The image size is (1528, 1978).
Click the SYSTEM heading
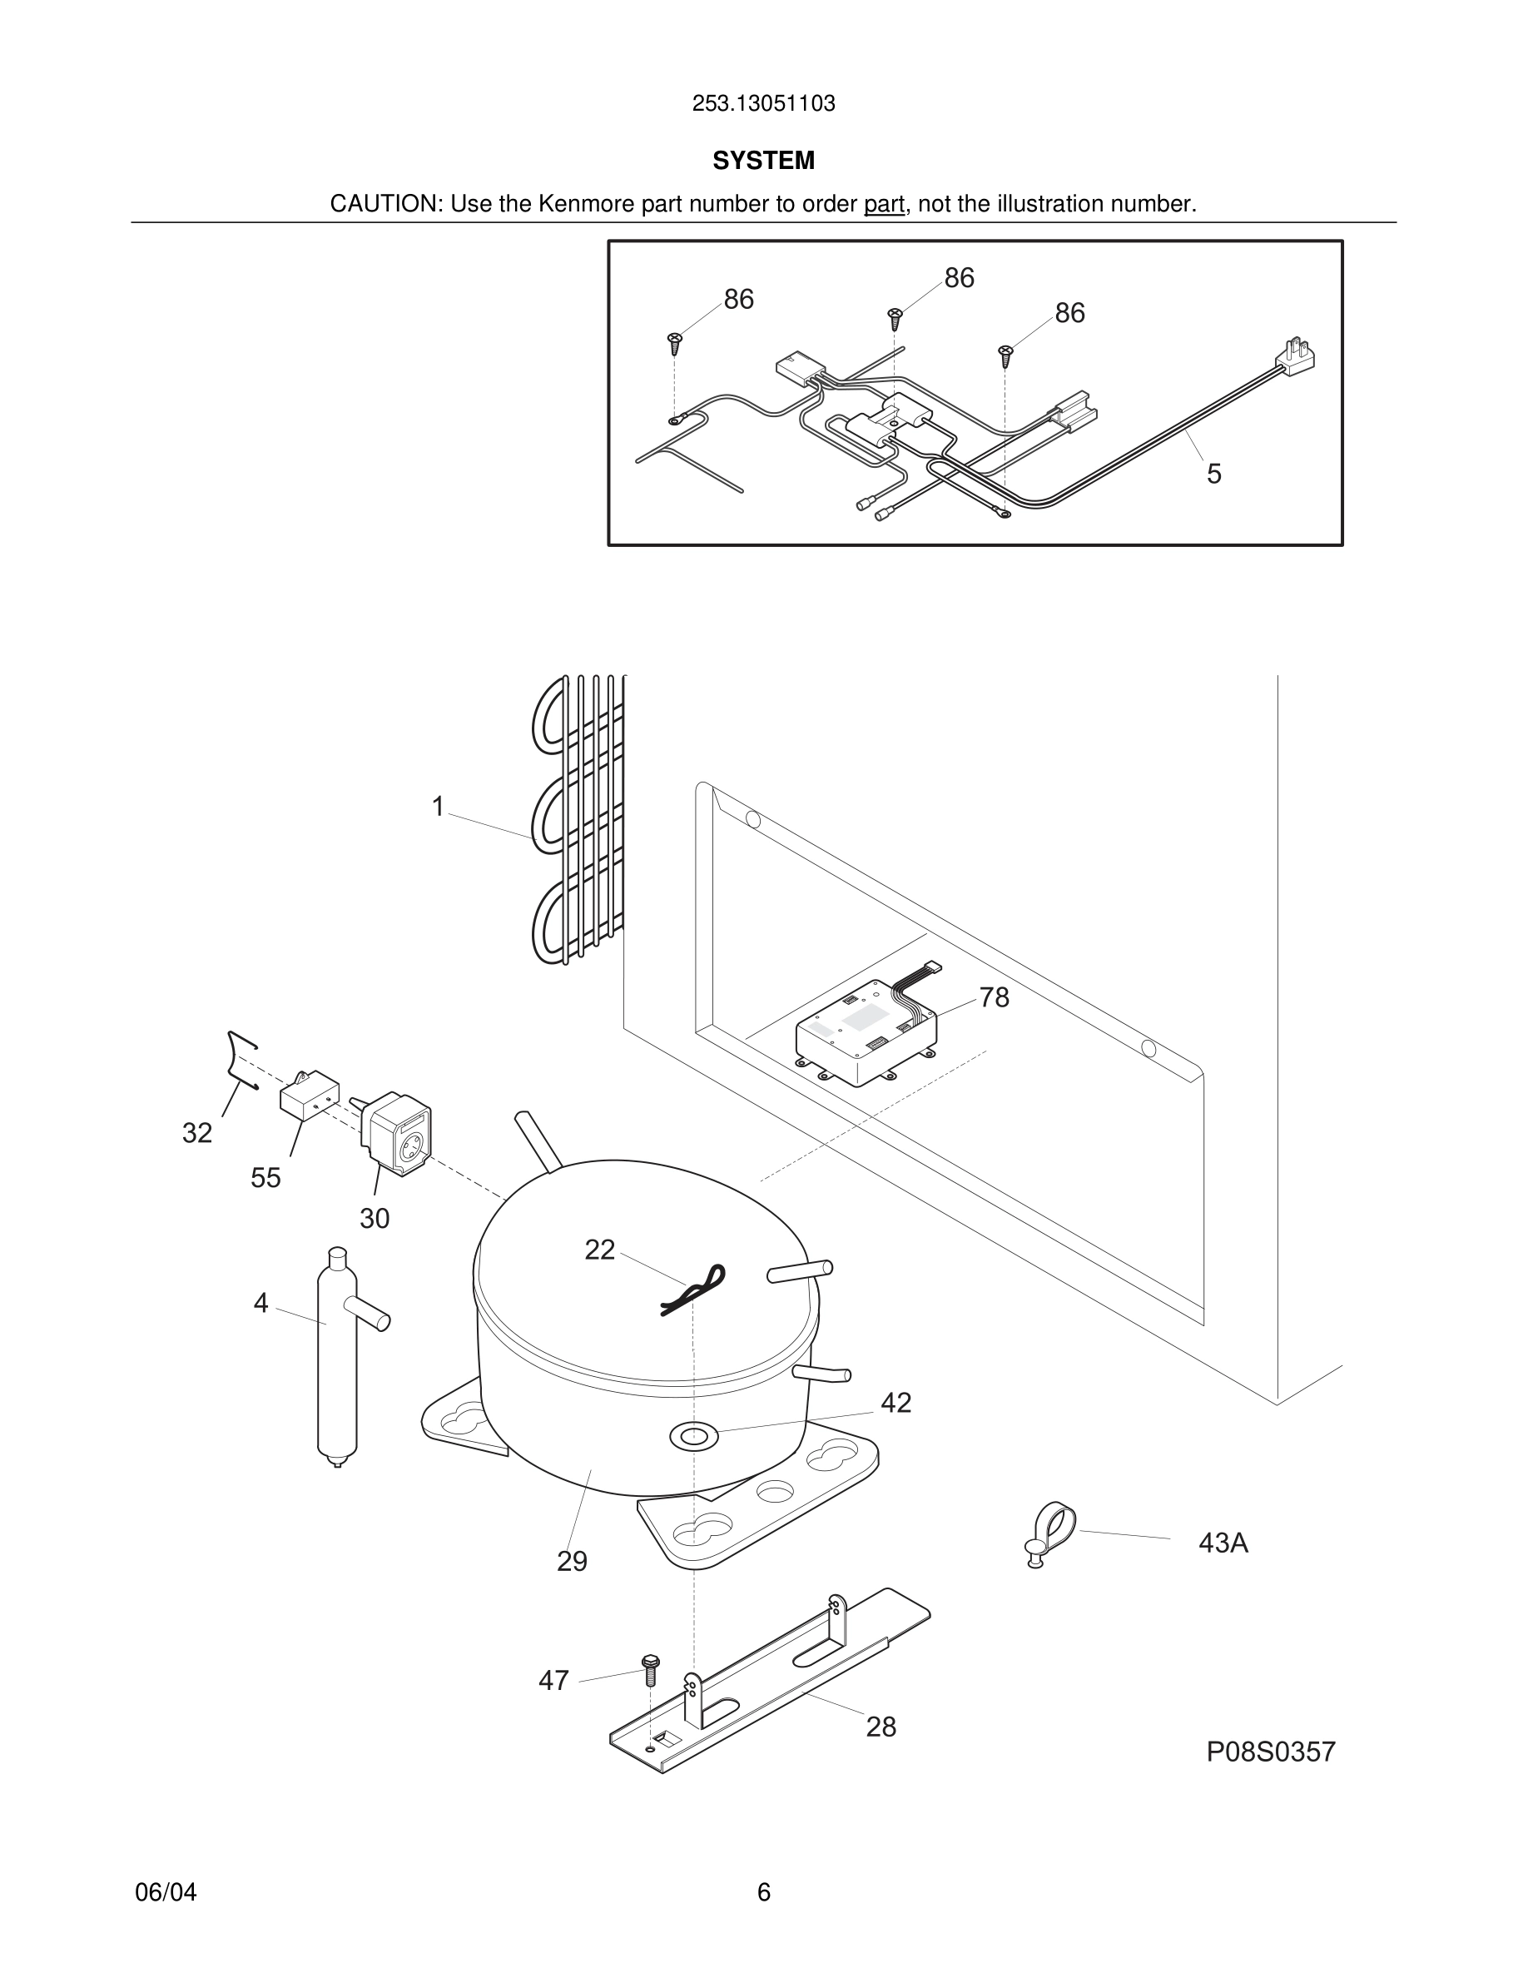pyautogui.click(x=763, y=161)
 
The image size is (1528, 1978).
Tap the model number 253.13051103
pyautogui.click(x=763, y=103)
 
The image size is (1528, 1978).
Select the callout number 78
pyautogui.click(x=994, y=997)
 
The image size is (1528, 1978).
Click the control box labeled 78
pyautogui.click(x=865, y=1033)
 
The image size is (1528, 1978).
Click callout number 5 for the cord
pyautogui.click(x=1214, y=474)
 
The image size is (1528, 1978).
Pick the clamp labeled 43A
pyautogui.click(x=1050, y=1533)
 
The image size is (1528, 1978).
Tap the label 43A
pyautogui.click(x=1223, y=1543)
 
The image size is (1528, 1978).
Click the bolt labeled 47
pyautogui.click(x=650, y=1669)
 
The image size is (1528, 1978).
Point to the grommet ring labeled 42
pyautogui.click(x=692, y=1434)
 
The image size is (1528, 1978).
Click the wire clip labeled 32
pyautogui.click(x=241, y=1059)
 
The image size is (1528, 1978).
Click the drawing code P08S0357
pyautogui.click(x=1270, y=1752)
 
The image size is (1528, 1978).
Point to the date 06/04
pyautogui.click(x=166, y=1892)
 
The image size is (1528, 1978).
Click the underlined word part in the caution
pyautogui.click(x=884, y=205)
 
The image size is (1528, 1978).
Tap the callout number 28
pyautogui.click(x=881, y=1727)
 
